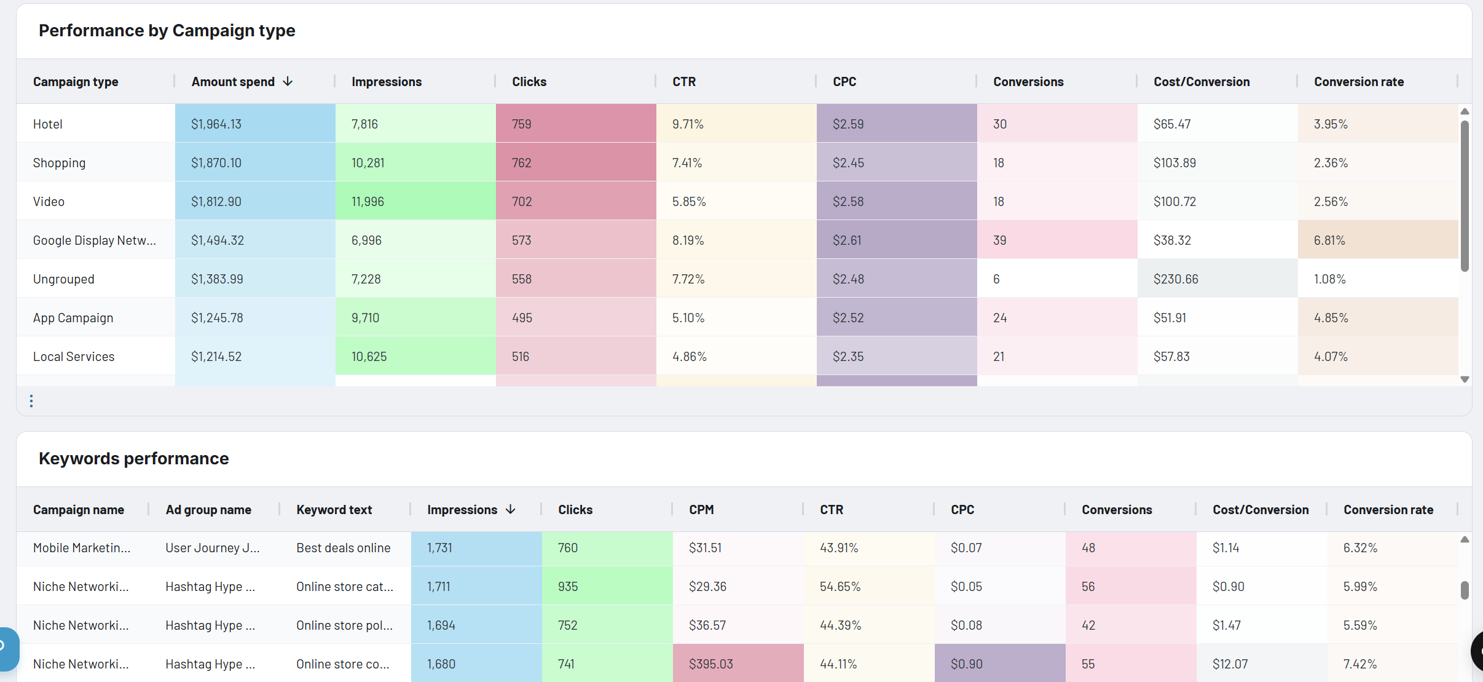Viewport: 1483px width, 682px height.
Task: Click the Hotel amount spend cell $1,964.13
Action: (216, 124)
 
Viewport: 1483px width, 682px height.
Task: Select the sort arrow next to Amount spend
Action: (288, 82)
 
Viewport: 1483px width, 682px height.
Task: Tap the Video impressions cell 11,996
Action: (368, 201)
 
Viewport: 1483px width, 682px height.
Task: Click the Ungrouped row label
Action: (64, 279)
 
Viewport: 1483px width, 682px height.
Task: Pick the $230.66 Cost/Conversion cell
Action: (1176, 279)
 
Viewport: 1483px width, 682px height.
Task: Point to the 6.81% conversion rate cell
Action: (1329, 240)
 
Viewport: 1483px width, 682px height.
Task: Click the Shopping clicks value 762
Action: (521, 162)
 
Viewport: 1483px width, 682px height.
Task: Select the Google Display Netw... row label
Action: (94, 240)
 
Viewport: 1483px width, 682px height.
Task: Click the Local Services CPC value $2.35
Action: (848, 356)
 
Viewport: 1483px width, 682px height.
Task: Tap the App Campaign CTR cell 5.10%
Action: (688, 317)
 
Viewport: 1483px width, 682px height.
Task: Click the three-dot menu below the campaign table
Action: (31, 401)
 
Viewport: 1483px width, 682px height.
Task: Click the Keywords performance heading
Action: (133, 458)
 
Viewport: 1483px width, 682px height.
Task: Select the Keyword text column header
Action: (334, 509)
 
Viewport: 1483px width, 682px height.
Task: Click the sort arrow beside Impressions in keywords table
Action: (511, 509)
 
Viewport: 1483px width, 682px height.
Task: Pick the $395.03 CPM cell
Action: (710, 664)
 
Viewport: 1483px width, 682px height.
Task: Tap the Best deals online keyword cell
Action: (343, 547)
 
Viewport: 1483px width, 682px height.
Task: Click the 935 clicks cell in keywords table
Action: (568, 586)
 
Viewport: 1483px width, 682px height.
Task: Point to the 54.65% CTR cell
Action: (840, 586)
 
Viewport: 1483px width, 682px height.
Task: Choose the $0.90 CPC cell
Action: (966, 664)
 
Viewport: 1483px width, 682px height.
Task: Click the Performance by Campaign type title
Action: (167, 30)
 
